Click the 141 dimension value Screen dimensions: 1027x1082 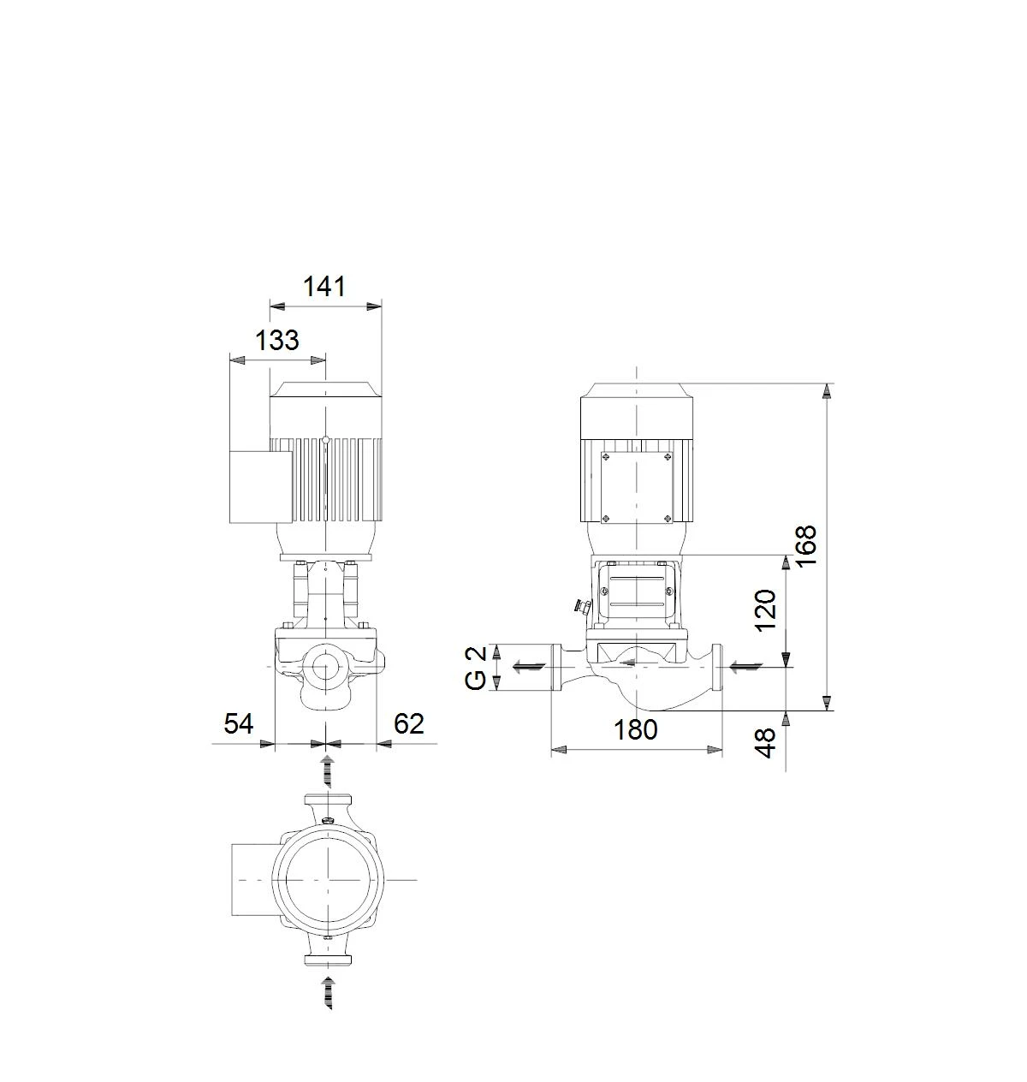(x=324, y=287)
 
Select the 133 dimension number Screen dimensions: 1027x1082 (x=276, y=340)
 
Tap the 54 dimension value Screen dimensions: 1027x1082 (x=238, y=723)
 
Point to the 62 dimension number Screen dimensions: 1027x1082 (x=409, y=723)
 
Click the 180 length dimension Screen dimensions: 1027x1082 (x=636, y=730)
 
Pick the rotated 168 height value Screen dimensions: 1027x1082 (x=806, y=546)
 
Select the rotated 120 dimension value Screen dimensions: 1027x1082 (x=765, y=611)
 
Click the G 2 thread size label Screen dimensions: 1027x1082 (x=476, y=669)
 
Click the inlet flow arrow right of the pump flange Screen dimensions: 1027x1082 (x=745, y=668)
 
